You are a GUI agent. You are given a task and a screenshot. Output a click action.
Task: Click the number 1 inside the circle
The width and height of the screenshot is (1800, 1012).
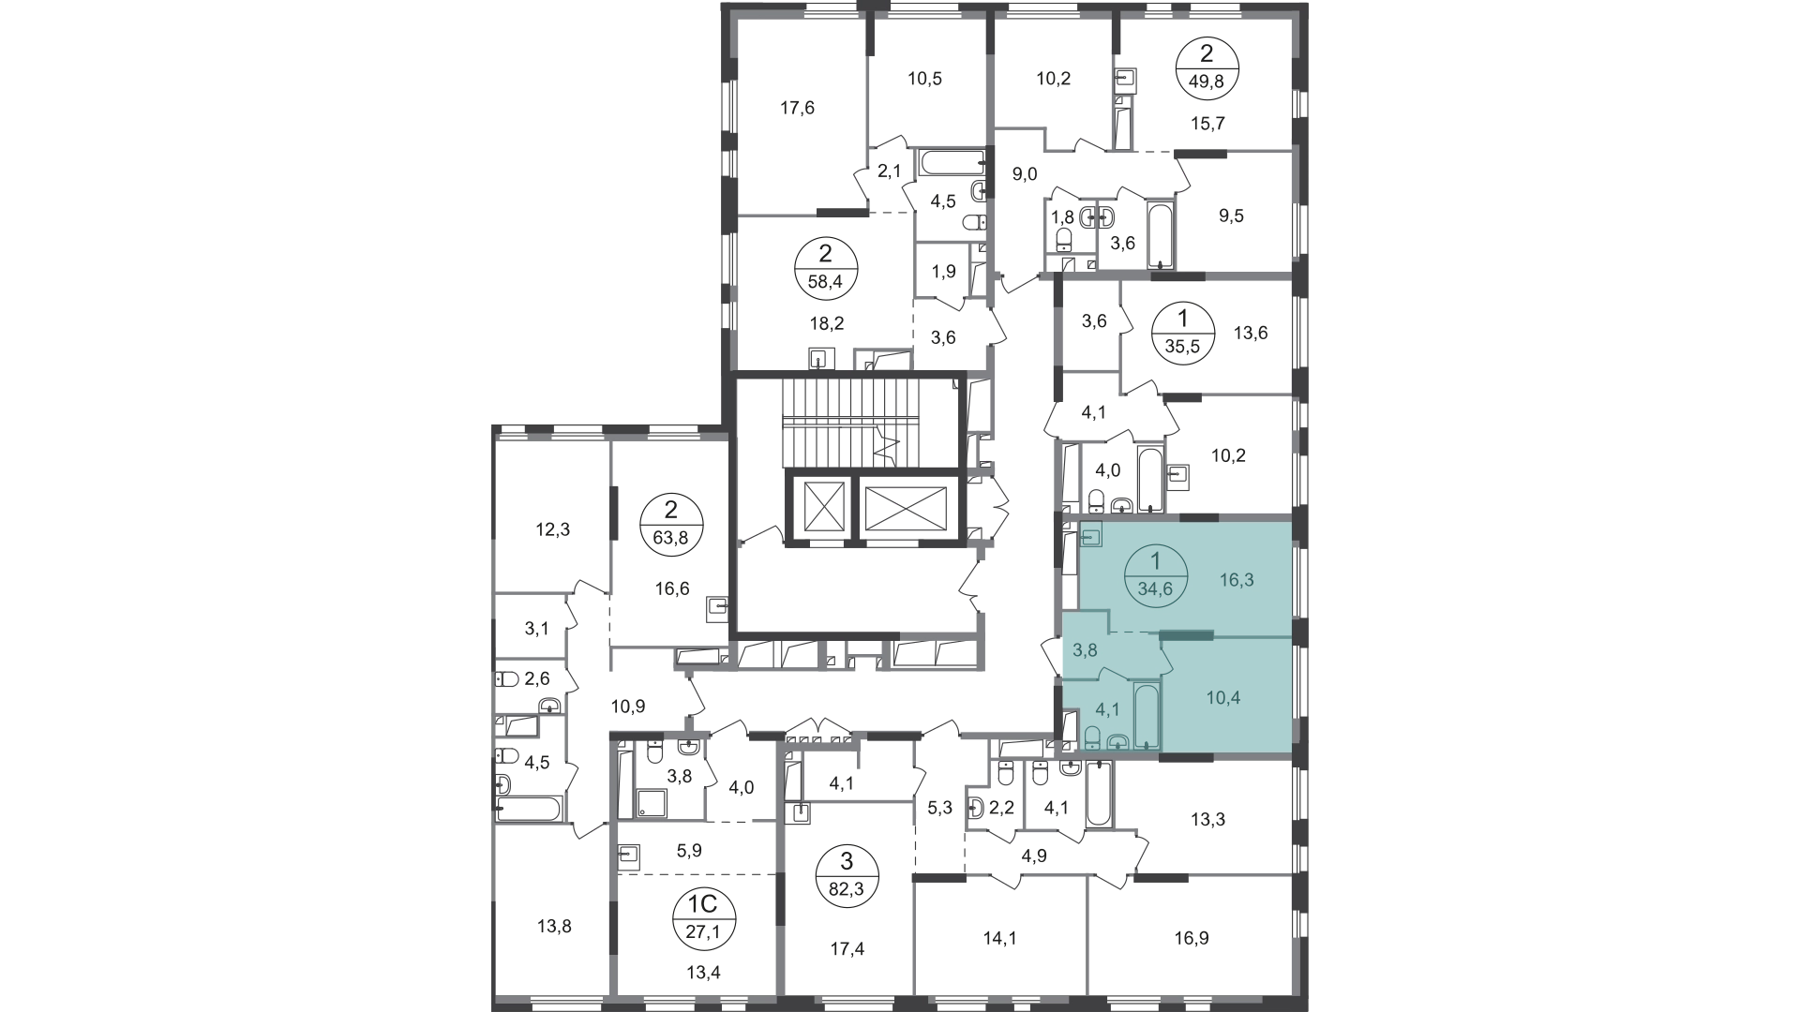coord(1155,561)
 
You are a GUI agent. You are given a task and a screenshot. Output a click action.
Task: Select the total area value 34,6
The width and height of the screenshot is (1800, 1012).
coord(1155,589)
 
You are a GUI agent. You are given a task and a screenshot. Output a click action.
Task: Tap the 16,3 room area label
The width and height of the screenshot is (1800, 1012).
coord(1236,580)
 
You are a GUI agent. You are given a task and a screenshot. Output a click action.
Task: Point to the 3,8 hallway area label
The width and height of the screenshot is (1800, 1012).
coord(1085,649)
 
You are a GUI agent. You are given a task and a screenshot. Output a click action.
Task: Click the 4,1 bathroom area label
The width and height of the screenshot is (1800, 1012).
coord(1107,709)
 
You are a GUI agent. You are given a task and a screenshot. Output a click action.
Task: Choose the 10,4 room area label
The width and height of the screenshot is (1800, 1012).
coord(1222,698)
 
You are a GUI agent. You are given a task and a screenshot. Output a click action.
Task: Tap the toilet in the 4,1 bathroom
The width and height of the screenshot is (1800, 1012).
coord(1092,738)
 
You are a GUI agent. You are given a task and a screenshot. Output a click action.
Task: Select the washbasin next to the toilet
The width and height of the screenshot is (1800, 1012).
coord(1117,742)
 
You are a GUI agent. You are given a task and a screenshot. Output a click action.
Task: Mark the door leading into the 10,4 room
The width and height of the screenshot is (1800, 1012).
coord(1165,662)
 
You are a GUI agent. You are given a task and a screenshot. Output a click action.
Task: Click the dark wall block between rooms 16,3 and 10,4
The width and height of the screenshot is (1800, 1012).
coord(1185,635)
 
